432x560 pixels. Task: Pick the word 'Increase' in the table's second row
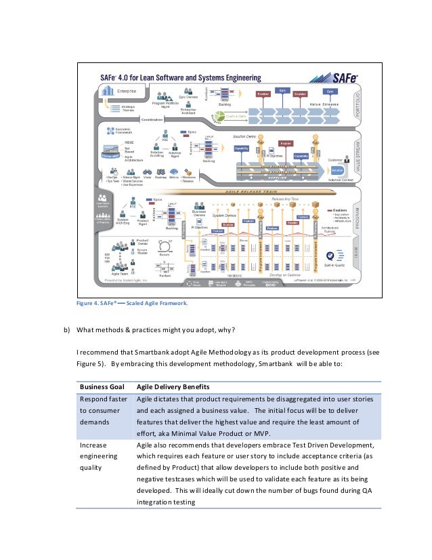pos(93,445)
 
